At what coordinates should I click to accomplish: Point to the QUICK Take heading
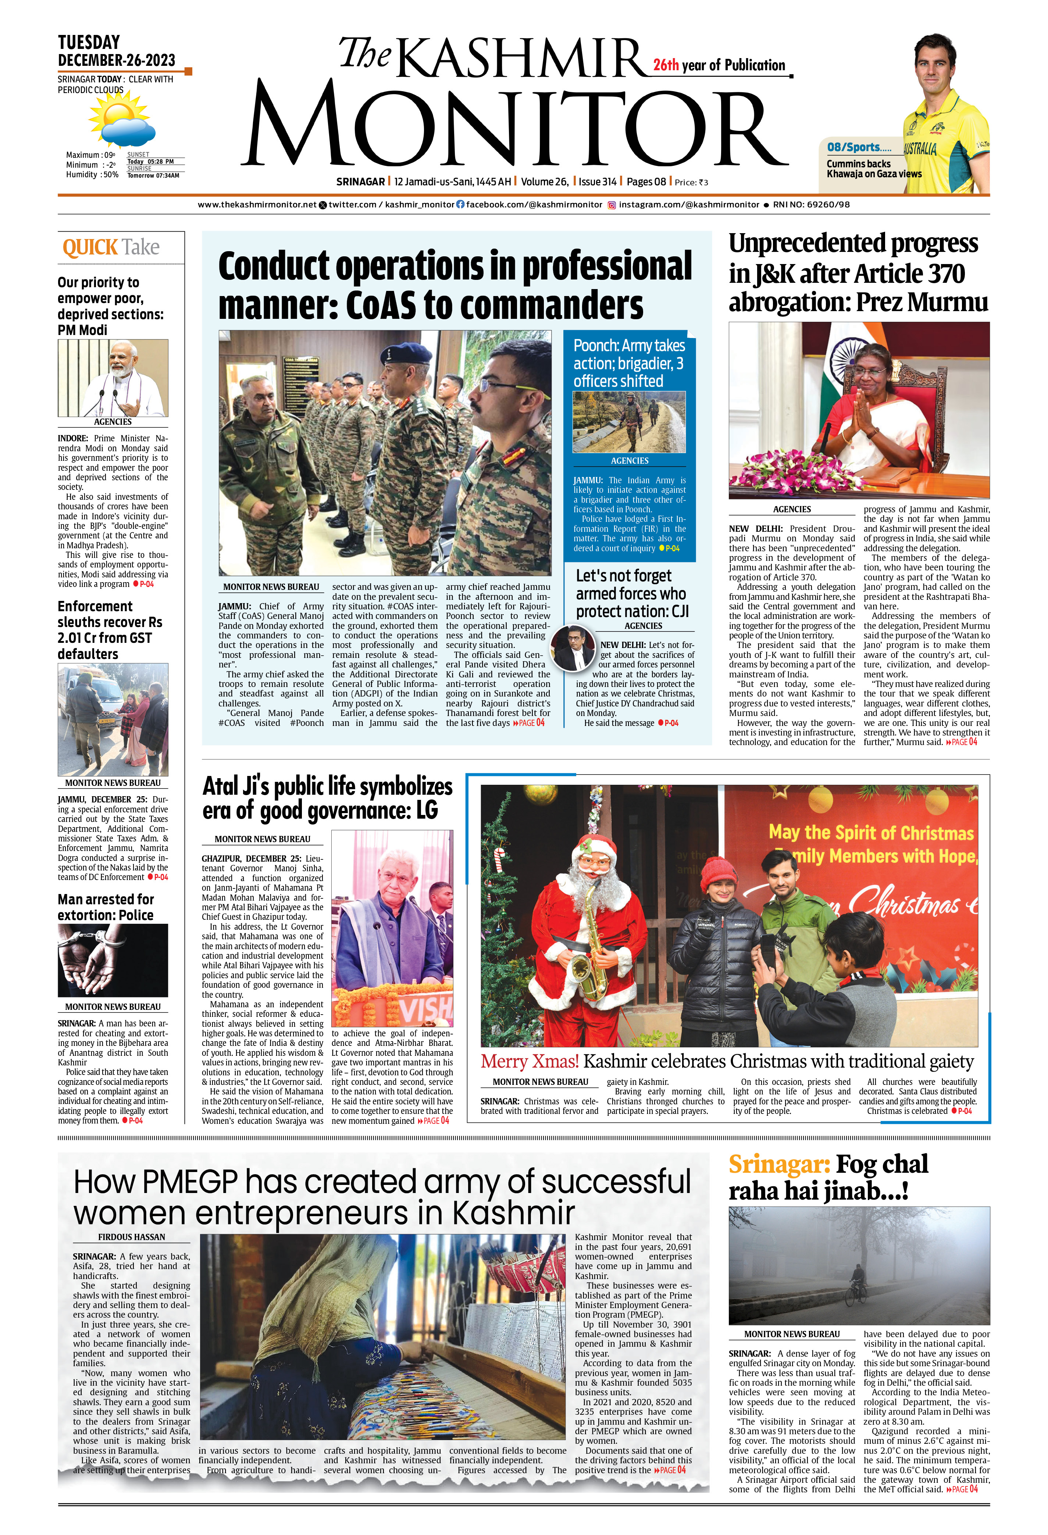click(x=111, y=248)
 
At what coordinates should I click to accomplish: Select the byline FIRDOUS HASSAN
click(x=131, y=1237)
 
